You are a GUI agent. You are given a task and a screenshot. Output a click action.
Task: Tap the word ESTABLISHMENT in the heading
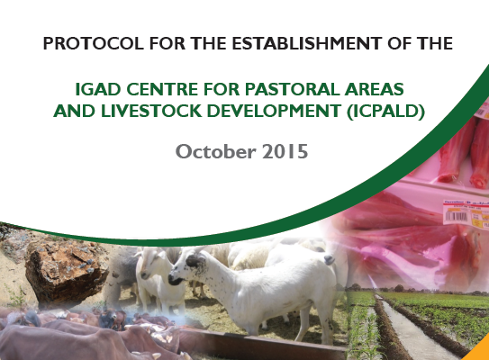tap(307, 43)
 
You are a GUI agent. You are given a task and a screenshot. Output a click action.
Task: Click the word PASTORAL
tap(292, 89)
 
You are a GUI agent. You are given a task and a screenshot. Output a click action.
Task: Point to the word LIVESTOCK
tap(151, 111)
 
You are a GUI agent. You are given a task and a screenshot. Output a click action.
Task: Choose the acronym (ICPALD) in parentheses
tap(386, 112)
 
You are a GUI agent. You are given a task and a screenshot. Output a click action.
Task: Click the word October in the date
tap(216, 152)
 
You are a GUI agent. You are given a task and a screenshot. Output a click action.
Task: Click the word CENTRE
tap(162, 89)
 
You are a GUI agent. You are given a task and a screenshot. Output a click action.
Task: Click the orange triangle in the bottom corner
tap(478, 354)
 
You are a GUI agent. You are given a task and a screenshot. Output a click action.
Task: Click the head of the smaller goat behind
tap(149, 265)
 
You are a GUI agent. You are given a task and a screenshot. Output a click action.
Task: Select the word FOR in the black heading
tap(168, 43)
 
